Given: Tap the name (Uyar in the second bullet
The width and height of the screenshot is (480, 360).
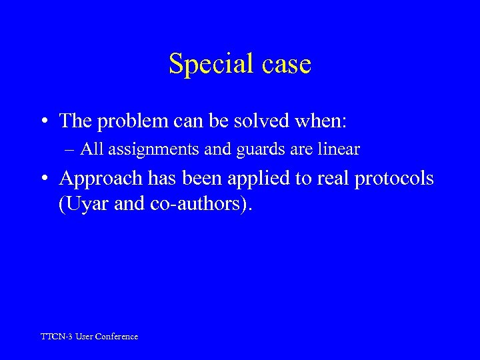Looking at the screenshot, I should (x=79, y=203).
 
